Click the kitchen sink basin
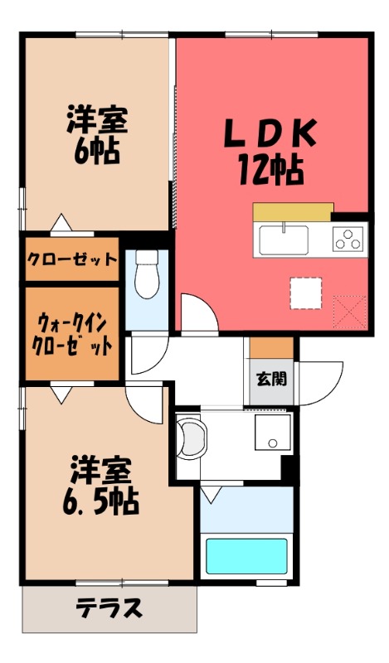(283, 241)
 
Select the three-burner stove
(348, 240)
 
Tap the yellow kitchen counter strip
(293, 211)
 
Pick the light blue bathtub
(246, 556)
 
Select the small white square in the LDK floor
(304, 293)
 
